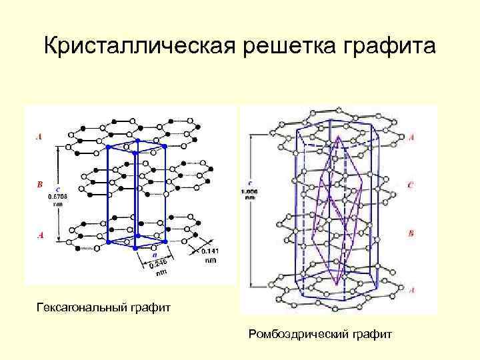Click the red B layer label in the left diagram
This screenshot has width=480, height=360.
point(39,183)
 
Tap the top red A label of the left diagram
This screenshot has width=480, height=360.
point(39,137)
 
